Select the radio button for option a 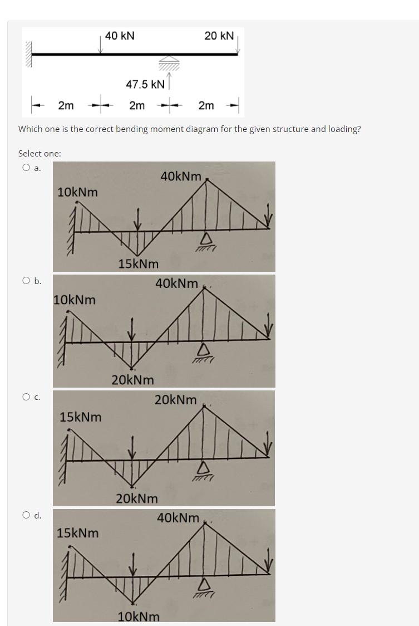pos(26,168)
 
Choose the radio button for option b pos(26,281)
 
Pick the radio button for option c pos(26,397)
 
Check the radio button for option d pos(26,515)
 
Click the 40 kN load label pos(120,36)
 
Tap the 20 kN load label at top pos(219,36)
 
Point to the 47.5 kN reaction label pos(145,85)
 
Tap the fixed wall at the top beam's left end pos(27,55)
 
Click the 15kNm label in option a pos(139,263)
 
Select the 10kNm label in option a pos(78,192)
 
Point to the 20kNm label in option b pos(133,380)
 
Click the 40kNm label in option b pos(176,283)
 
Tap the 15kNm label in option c pos(81,417)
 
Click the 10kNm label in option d pos(139,617)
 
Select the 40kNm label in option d pos(178,518)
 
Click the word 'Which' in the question pos(31,129)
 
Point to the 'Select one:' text pos(40,153)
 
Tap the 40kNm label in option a pos(181,176)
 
